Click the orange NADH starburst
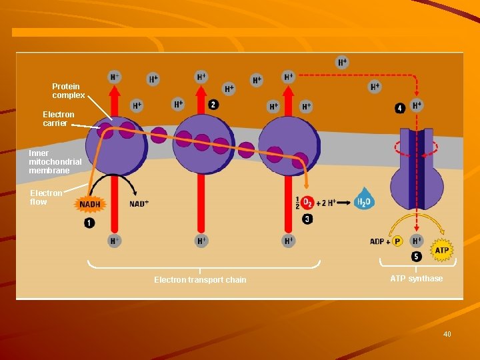[x=91, y=203]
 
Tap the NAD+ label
[x=139, y=203]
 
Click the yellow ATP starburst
[x=442, y=251]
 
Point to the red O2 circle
[x=307, y=202]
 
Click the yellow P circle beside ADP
[x=397, y=241]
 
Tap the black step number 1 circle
[x=89, y=223]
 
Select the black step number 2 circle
[x=213, y=105]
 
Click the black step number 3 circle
[x=307, y=219]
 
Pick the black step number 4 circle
[x=400, y=108]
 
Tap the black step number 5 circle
[x=416, y=256]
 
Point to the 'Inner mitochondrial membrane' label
[x=55, y=162]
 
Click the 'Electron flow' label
[x=46, y=197]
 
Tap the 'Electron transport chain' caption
[x=200, y=280]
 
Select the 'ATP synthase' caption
[x=416, y=279]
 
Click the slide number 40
[x=447, y=334]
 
